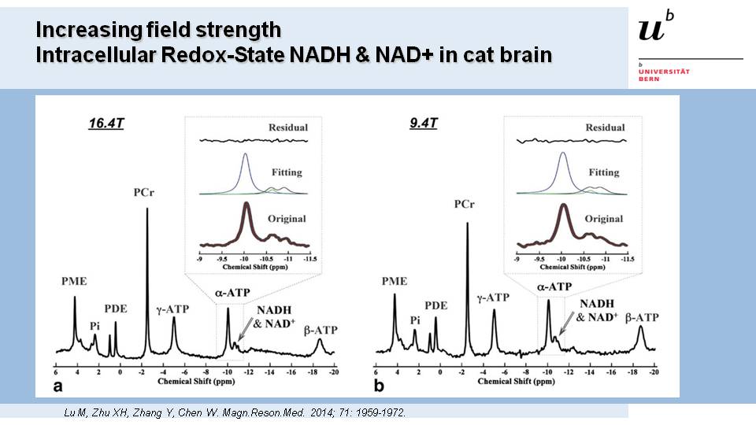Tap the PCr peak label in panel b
[465, 205]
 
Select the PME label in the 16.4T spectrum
[74, 281]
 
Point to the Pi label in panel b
[414, 320]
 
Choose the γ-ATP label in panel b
[494, 297]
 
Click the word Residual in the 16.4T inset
[287, 128]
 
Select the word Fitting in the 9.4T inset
[605, 172]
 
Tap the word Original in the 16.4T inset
[287, 219]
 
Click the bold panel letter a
[57, 386]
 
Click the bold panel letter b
[380, 386]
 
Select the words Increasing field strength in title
[158, 31]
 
